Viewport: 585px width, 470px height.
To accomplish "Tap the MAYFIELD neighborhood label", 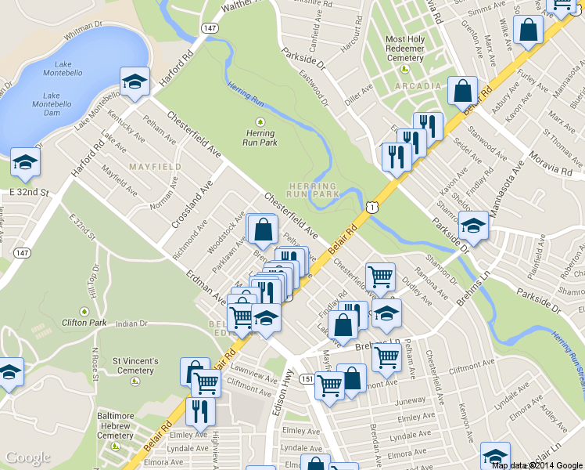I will (x=155, y=167).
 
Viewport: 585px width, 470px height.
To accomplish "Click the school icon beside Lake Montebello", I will (x=135, y=81).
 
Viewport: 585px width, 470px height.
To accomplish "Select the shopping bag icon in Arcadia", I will (x=462, y=92).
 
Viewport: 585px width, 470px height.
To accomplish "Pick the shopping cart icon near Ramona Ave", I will (x=380, y=276).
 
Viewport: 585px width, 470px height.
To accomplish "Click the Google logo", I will (x=28, y=457).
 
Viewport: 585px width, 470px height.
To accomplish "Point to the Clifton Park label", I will (x=84, y=322).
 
